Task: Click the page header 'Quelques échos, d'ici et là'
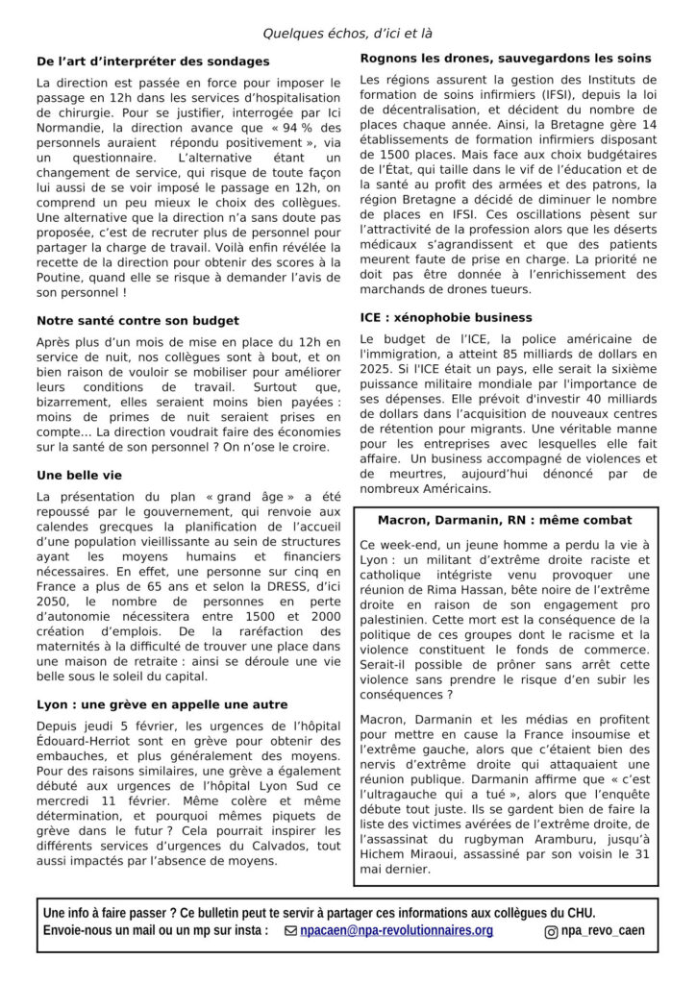point(348,34)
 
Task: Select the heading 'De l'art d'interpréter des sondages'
point(153,61)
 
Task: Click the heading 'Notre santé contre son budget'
point(137,320)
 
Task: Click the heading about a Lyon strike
point(162,704)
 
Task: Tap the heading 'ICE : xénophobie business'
point(446,317)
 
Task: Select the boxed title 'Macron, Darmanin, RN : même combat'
point(505,520)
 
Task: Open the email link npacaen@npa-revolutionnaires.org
point(396,930)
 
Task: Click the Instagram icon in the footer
point(551,931)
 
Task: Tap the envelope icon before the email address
point(291,931)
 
